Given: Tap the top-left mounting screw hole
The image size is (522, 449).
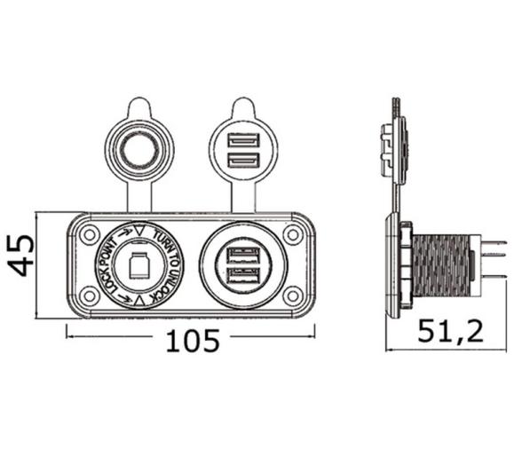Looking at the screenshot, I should point(89,234).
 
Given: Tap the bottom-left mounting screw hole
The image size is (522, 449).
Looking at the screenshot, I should point(89,295).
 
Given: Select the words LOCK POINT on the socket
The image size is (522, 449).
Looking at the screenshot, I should point(110,266).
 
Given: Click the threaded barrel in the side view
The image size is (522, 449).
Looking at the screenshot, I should point(441,265).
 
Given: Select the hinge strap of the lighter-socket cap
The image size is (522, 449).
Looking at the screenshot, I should point(139,195).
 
